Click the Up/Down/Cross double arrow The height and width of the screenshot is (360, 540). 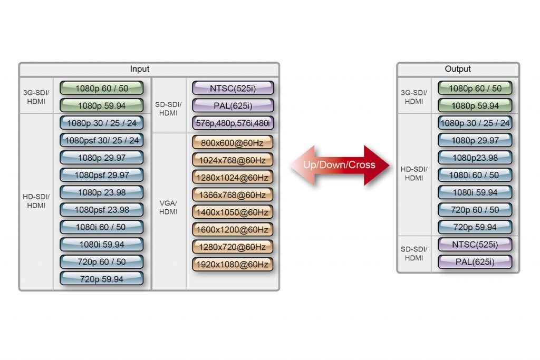click(x=340, y=165)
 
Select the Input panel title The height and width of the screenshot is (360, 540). click(x=140, y=69)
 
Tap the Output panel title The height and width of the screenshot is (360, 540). click(x=458, y=69)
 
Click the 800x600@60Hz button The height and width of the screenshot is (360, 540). click(x=233, y=143)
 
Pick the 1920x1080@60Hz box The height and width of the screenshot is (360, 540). click(x=233, y=264)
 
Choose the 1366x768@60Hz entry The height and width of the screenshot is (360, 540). click(x=233, y=195)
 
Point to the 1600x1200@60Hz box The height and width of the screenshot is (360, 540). click(x=233, y=230)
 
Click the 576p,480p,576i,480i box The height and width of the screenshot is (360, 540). click(x=233, y=123)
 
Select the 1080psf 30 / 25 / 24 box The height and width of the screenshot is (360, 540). click(x=102, y=141)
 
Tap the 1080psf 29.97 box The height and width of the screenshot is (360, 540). click(x=102, y=175)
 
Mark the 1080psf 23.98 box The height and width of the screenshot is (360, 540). click(x=102, y=210)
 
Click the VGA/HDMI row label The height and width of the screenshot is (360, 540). click(x=169, y=208)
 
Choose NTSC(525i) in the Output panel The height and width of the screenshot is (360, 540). click(x=475, y=245)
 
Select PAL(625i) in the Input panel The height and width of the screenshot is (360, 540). click(x=233, y=106)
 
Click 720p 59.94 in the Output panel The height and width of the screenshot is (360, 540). click(x=475, y=227)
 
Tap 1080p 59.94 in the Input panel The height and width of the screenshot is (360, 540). click(x=102, y=106)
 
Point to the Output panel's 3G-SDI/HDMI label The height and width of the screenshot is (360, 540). click(x=414, y=97)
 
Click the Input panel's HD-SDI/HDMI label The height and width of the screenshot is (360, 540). click(x=36, y=201)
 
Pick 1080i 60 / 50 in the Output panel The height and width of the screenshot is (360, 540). click(x=475, y=175)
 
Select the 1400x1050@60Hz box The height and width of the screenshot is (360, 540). click(x=233, y=212)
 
